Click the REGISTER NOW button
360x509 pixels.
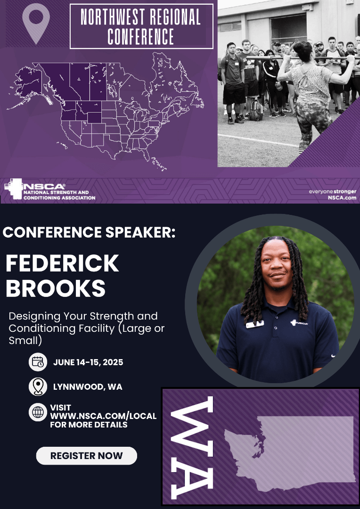pos(86,456)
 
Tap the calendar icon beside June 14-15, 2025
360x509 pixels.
pos(38,362)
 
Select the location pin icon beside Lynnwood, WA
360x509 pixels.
pos(38,386)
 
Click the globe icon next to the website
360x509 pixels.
pos(38,412)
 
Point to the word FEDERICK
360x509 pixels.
pos(62,263)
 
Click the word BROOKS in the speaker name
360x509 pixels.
pos(55,288)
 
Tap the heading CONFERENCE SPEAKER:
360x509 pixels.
pos(89,232)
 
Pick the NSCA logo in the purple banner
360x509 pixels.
pos(49,189)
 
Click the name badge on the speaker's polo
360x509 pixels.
pos(254,324)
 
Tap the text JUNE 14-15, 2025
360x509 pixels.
pos(88,362)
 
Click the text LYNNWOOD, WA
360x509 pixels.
pos(88,387)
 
